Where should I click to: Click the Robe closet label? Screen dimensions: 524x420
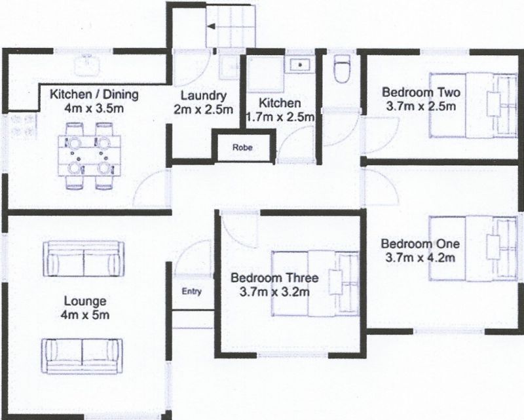pos(242,147)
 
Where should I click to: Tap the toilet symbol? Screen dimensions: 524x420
pos(341,68)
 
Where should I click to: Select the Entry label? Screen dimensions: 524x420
pos(192,292)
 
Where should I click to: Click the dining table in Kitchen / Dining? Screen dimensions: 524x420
pos(90,156)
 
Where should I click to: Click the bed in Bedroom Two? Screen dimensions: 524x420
pos(473,105)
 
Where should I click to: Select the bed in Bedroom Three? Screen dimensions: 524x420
pos(315,283)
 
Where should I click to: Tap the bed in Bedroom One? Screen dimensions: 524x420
pos(473,248)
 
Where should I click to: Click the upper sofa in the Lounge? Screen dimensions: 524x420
pos(84,259)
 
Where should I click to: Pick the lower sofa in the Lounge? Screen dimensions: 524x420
pos(83,356)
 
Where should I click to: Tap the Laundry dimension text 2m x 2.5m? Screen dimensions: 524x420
pos(203,109)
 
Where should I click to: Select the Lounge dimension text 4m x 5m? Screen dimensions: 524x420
pos(85,315)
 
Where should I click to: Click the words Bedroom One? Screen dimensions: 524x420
pos(421,244)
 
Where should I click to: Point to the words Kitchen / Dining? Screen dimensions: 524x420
pos(94,94)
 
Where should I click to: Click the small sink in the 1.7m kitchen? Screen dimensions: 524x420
pos(300,64)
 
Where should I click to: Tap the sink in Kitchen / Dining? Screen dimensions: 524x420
pos(88,66)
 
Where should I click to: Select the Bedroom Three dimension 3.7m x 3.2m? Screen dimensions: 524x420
pos(274,292)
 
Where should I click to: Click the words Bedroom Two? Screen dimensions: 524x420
pos(421,92)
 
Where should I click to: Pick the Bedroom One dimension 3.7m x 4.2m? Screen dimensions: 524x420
pos(420,258)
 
